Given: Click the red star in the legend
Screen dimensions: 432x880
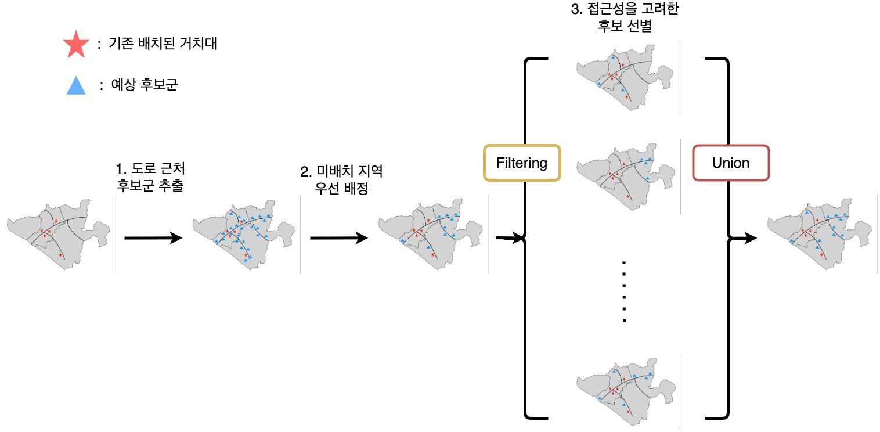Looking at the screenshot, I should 76,45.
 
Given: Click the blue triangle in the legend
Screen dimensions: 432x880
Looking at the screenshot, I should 75,87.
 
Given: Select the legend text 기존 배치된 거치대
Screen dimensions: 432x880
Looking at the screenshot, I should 163,45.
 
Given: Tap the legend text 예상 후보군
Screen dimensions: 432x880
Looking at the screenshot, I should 146,86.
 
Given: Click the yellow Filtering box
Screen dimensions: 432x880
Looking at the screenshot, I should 521,163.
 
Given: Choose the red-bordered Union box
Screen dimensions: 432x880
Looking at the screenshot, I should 730,163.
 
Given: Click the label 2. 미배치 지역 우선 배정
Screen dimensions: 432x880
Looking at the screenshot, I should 342,180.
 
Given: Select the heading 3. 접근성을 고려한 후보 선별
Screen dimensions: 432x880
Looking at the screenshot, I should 625,18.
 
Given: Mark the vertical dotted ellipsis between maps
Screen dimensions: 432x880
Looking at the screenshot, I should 624,291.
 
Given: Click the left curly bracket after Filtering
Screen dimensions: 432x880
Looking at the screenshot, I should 527,238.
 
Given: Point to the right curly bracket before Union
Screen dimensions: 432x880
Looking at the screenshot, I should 723,238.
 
